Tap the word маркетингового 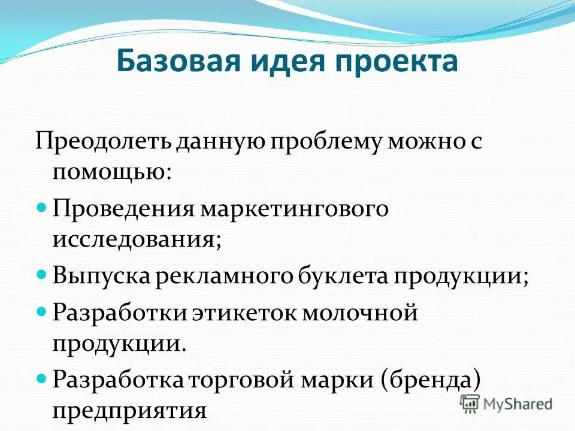[x=294, y=208]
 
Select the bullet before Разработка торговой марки [x=41, y=378]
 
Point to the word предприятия [x=129, y=412]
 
